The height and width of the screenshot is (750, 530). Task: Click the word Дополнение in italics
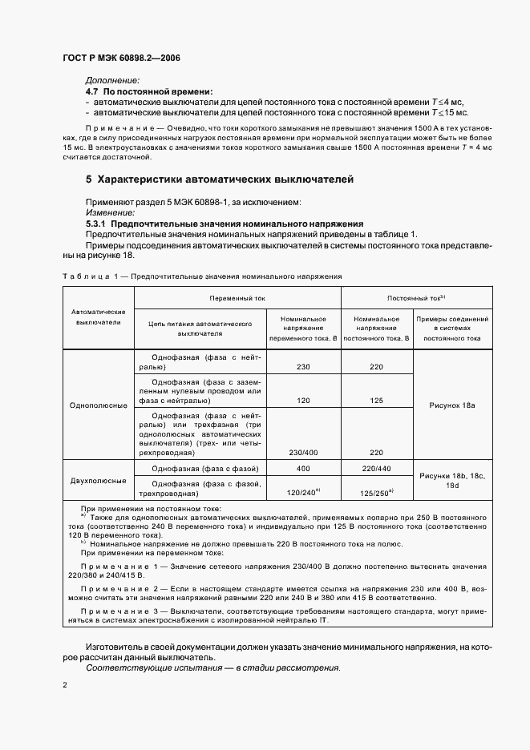click(112, 80)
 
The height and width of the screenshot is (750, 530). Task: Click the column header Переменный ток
click(237, 298)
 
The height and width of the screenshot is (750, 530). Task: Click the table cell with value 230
click(302, 366)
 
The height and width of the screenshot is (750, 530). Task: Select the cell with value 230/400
click(302, 452)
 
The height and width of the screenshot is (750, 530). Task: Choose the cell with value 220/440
click(377, 469)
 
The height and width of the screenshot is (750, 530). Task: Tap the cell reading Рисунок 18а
click(452, 405)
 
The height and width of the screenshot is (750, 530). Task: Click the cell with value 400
click(302, 469)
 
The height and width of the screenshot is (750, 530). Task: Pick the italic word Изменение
click(111, 213)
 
